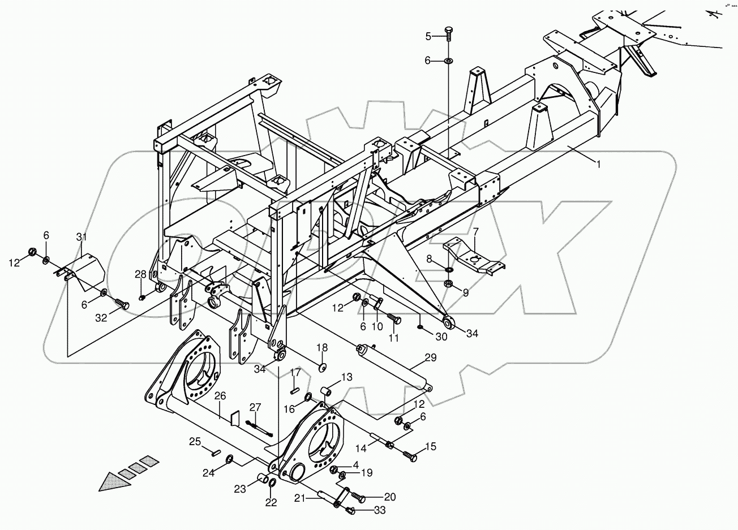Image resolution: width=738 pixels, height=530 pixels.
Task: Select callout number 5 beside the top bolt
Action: click(428, 37)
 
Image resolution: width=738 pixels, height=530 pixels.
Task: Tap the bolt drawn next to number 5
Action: click(449, 33)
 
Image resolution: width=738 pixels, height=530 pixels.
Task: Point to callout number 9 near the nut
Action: click(465, 292)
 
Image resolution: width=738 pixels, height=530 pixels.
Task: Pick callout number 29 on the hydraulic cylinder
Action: click(431, 357)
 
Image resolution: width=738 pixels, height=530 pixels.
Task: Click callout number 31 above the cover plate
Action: click(81, 236)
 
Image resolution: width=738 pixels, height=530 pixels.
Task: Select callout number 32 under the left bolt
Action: click(101, 318)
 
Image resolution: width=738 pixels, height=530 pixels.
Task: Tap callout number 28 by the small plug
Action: click(140, 274)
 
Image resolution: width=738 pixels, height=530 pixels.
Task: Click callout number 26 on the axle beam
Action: click(220, 397)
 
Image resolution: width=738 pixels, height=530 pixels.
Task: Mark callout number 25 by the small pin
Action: click(195, 441)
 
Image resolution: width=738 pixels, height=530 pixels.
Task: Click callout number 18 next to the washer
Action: click(321, 347)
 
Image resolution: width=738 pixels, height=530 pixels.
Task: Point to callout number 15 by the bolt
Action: click(430, 447)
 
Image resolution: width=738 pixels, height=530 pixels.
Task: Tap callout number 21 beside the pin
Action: click(300, 498)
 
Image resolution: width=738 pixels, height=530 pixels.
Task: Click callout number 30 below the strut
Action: click(441, 337)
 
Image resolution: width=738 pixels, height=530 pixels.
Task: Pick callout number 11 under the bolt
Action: click(393, 338)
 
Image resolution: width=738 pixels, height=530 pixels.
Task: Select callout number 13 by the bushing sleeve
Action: click(346, 377)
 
